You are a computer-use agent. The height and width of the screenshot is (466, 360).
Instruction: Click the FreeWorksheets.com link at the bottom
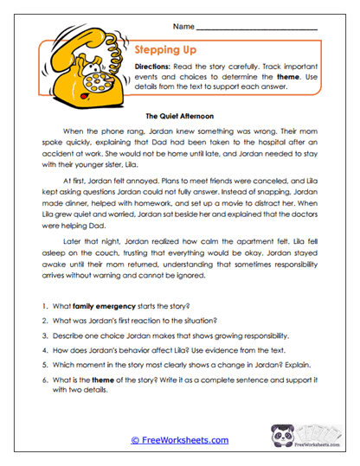point(179,440)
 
